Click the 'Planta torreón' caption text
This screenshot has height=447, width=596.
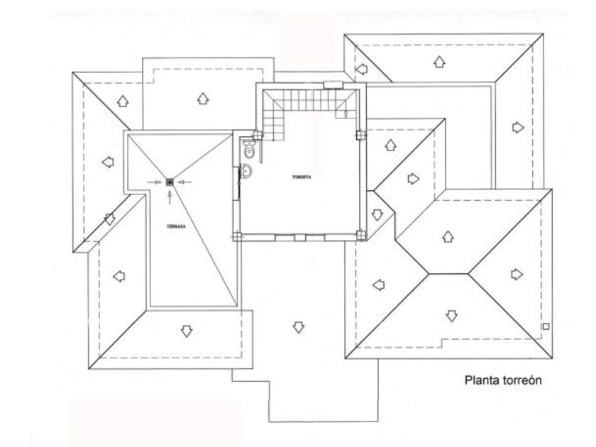coord(503,380)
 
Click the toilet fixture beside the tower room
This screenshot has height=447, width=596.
coord(248,150)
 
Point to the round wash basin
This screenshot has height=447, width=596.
coord(246,170)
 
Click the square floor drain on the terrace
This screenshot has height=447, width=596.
coord(170,182)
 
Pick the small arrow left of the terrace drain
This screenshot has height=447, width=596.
coord(155,182)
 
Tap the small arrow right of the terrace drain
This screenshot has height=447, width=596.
coord(184,182)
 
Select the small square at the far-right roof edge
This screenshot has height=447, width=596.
coord(544,326)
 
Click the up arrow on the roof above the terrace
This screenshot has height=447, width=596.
coord(202,99)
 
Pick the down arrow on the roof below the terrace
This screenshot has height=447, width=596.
coord(187,330)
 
